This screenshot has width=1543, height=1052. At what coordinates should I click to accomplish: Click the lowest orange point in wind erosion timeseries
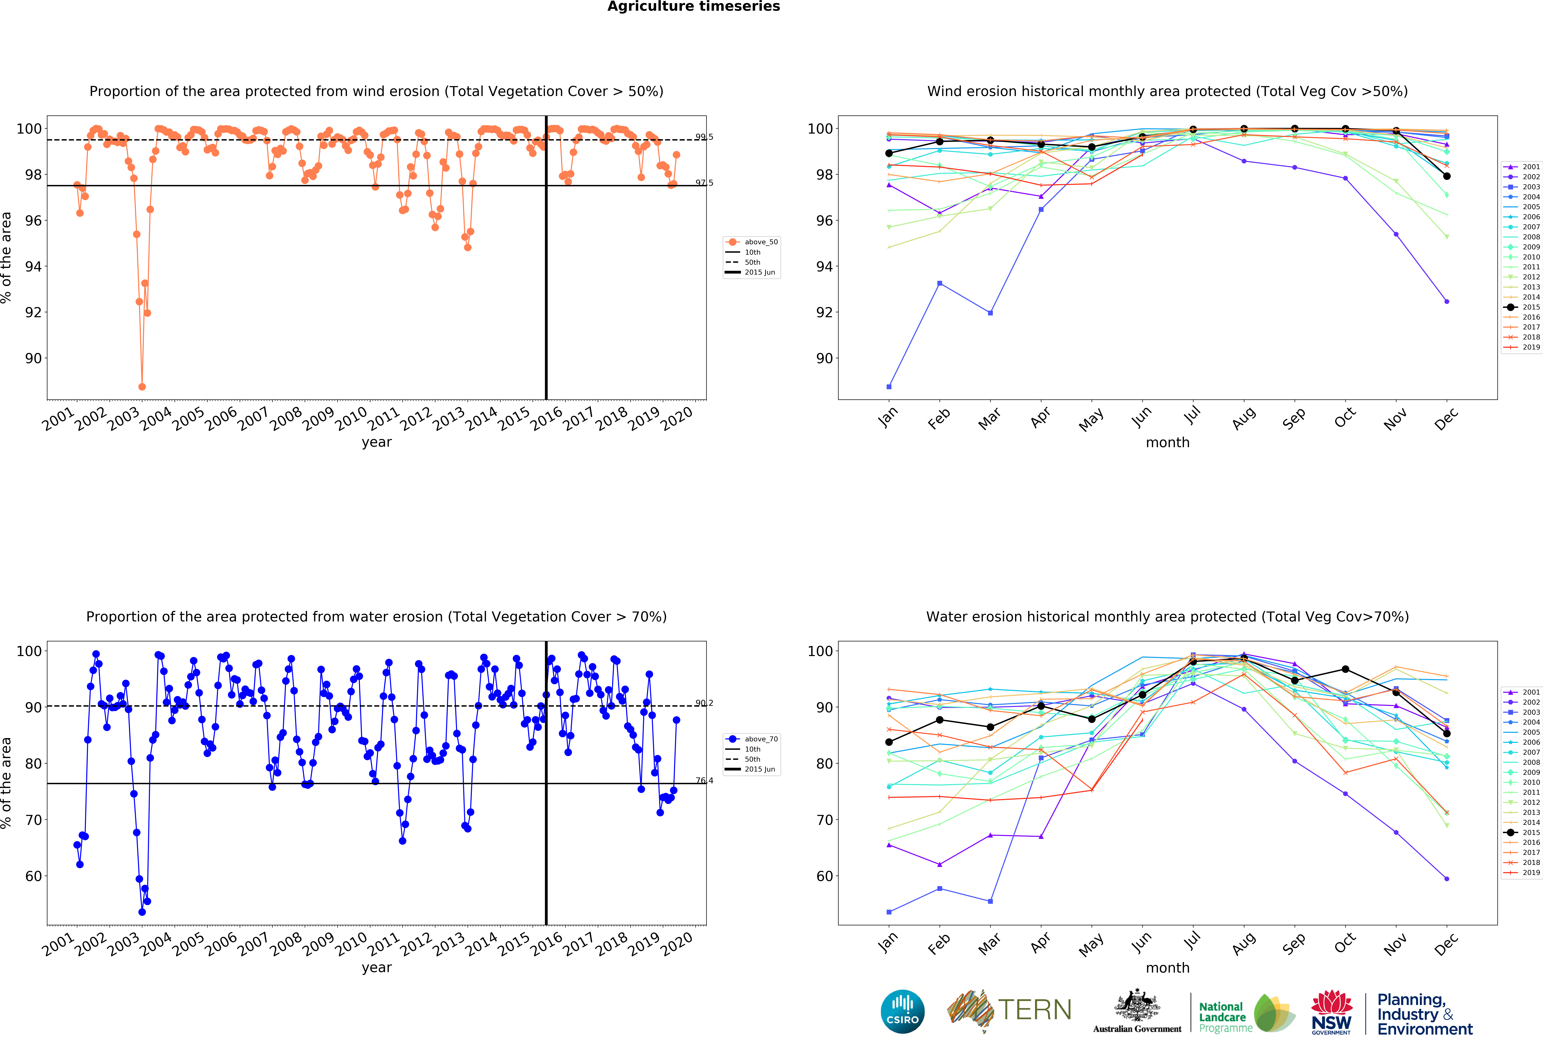(142, 387)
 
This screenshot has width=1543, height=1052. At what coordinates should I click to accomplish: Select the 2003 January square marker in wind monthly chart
(889, 387)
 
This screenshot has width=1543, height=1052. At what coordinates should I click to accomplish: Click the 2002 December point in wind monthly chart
(1447, 302)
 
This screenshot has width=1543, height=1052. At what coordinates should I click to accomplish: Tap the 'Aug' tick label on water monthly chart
(1244, 943)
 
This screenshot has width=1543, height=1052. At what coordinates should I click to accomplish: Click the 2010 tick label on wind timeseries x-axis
(350, 418)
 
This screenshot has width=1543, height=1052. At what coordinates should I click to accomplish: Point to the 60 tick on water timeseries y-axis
(33, 876)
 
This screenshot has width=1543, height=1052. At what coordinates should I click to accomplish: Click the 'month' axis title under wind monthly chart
(1167, 442)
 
